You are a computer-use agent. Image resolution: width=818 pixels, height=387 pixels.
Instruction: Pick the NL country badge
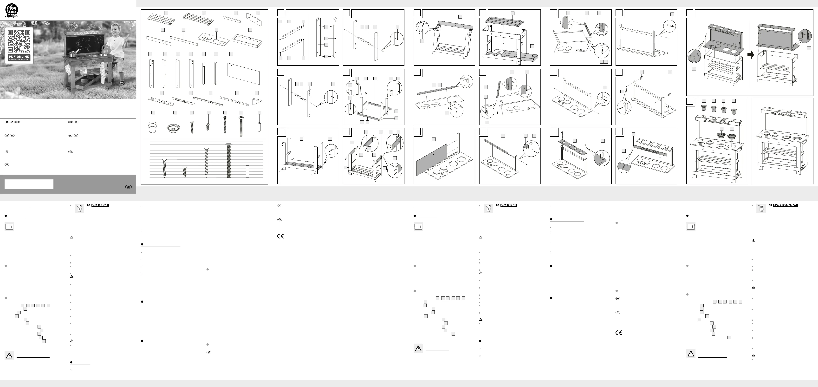pos(71,135)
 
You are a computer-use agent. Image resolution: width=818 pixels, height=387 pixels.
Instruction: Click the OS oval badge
pos(128,187)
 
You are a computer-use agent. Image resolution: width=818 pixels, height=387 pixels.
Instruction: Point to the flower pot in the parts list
pos(152,127)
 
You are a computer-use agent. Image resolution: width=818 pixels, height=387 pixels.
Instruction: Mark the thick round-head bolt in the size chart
pos(228,160)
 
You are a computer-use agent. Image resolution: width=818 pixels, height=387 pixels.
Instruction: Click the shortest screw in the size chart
pos(184,172)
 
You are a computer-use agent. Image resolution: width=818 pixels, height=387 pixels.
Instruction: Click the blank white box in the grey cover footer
pos(29,184)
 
